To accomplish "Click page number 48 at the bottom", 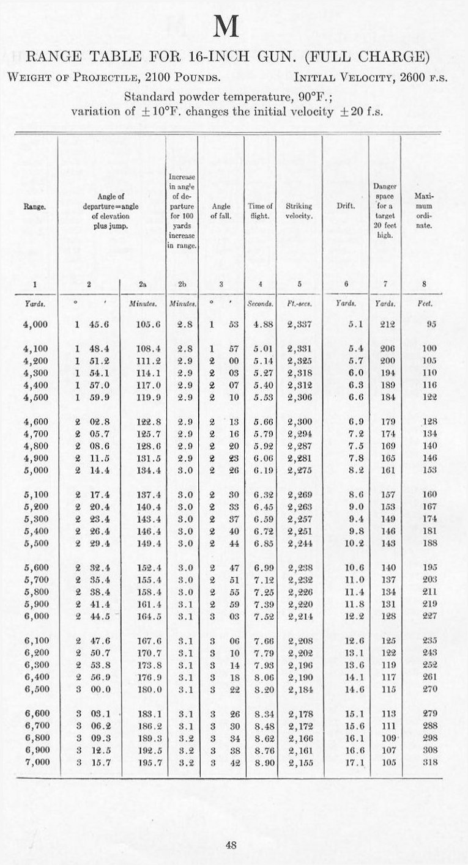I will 231,845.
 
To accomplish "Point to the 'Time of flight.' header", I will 260,211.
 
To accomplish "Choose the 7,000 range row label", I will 36,762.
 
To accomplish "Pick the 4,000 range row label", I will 36,325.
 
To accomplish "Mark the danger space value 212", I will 387,325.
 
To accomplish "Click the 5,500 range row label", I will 36,526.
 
